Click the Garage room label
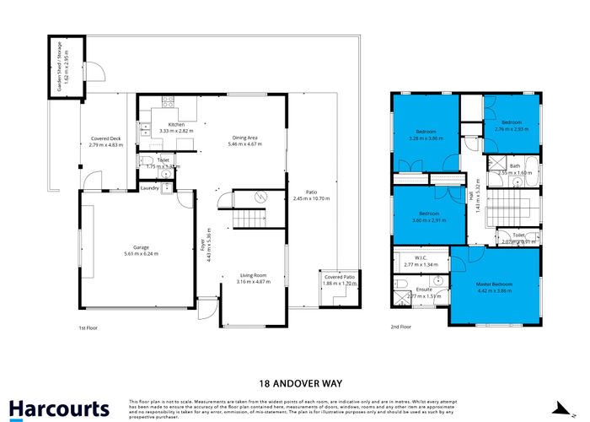pyautogui.click(x=140, y=248)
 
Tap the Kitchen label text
pyautogui.click(x=175, y=125)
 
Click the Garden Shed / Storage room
pyautogui.click(x=67, y=68)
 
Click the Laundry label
pyautogui.click(x=150, y=187)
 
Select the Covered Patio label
pyautogui.click(x=340, y=278)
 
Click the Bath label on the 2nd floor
pyautogui.click(x=514, y=166)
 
